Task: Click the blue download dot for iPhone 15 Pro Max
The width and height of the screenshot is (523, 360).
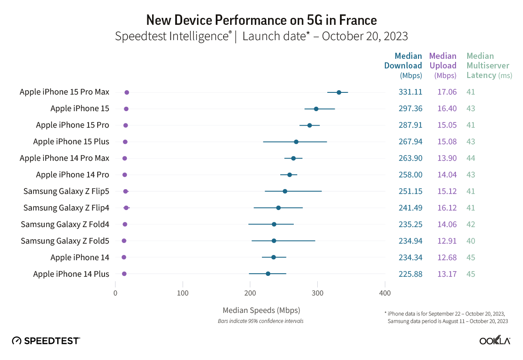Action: [339, 92]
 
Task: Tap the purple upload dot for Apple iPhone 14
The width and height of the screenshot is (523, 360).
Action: [124, 257]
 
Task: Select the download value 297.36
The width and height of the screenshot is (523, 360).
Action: [410, 109]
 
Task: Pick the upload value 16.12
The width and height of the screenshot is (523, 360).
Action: [447, 208]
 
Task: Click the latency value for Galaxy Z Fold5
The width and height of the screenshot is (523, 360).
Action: [471, 241]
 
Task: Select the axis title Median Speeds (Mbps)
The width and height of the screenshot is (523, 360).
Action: [261, 310]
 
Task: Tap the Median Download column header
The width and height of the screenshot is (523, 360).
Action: [403, 65]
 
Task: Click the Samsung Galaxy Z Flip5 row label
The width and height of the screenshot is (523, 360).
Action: [66, 191]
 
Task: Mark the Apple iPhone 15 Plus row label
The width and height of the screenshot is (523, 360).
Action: [71, 142]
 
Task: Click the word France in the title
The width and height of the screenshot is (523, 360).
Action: [356, 20]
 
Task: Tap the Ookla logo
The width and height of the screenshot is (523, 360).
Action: [495, 340]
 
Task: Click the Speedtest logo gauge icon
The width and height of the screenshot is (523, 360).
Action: [17, 340]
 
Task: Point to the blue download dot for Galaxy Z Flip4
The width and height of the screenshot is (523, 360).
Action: [278, 208]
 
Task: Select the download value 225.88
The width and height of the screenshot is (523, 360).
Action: [410, 274]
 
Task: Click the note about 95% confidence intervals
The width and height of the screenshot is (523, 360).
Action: [261, 321]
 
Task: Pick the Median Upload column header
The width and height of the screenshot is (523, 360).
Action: [442, 65]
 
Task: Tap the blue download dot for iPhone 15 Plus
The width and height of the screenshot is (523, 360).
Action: [296, 142]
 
